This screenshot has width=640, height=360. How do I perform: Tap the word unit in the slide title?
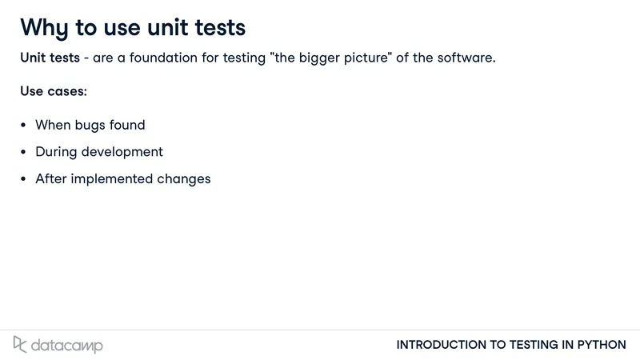(167, 27)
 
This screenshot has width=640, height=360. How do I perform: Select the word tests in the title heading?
(220, 28)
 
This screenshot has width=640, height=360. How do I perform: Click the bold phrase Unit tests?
(50, 58)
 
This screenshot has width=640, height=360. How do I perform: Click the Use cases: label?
(54, 91)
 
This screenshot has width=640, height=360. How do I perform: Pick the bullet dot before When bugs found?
(23, 126)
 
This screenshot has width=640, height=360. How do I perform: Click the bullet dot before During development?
(23, 152)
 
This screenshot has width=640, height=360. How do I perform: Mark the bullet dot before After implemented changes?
(23, 179)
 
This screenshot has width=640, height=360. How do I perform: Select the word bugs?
(90, 126)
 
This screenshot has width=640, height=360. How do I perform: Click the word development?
(122, 152)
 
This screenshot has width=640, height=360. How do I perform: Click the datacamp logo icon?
(19, 345)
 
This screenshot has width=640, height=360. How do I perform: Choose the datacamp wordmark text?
(67, 346)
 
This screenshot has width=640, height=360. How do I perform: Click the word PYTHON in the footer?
(602, 345)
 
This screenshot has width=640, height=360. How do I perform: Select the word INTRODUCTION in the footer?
(442, 345)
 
